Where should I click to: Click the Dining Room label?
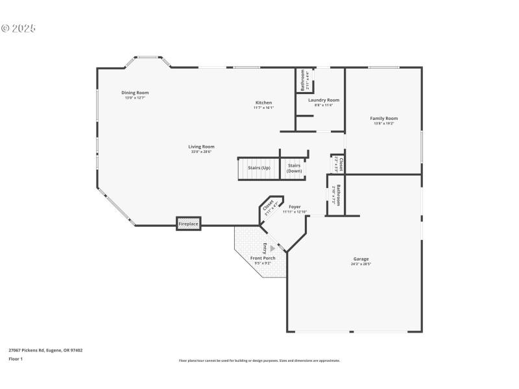(x=135, y=93)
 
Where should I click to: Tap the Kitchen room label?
(x=263, y=103)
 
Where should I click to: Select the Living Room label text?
(x=201, y=147)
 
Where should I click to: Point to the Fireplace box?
(x=189, y=224)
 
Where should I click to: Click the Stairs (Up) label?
(x=259, y=167)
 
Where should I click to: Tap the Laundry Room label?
(x=324, y=100)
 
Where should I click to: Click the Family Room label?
(x=383, y=119)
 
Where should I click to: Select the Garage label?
(x=361, y=259)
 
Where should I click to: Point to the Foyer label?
(x=295, y=207)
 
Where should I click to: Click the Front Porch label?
(x=263, y=258)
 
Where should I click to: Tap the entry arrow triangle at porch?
(x=273, y=248)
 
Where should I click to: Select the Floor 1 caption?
(x=16, y=359)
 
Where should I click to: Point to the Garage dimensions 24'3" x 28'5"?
(x=361, y=264)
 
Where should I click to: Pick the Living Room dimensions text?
(x=202, y=152)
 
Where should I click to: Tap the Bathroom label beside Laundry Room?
(x=303, y=80)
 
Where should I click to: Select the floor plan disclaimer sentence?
(x=259, y=360)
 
